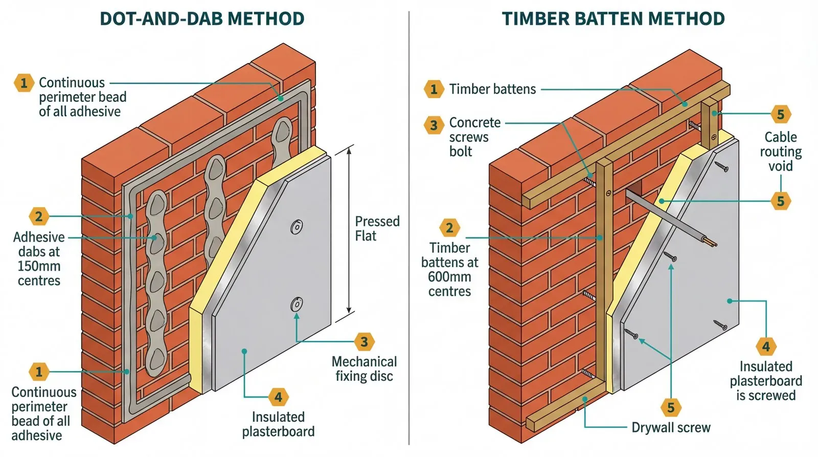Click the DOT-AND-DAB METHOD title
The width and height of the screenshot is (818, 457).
tap(202, 19)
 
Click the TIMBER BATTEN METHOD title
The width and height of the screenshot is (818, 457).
tap(613, 19)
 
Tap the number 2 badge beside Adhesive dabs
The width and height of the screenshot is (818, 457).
tap(39, 216)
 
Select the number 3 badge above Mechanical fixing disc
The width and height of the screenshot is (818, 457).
tap(364, 342)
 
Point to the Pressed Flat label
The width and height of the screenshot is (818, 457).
tap(377, 229)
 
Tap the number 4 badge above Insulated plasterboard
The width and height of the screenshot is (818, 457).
tap(278, 397)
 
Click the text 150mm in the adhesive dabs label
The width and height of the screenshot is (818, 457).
tap(39, 266)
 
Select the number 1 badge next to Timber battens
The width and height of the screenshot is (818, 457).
tap(434, 90)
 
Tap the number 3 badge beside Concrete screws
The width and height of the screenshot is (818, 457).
tap(434, 125)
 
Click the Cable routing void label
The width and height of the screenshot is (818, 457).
tap(780, 151)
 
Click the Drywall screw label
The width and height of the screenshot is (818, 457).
tap(671, 428)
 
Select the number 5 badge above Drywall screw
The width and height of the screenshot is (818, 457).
tap(671, 408)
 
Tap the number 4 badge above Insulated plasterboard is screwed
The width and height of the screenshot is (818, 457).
tap(765, 347)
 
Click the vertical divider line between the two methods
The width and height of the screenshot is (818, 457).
tap(409, 230)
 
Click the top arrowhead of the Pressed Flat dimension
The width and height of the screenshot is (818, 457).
tap(350, 149)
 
